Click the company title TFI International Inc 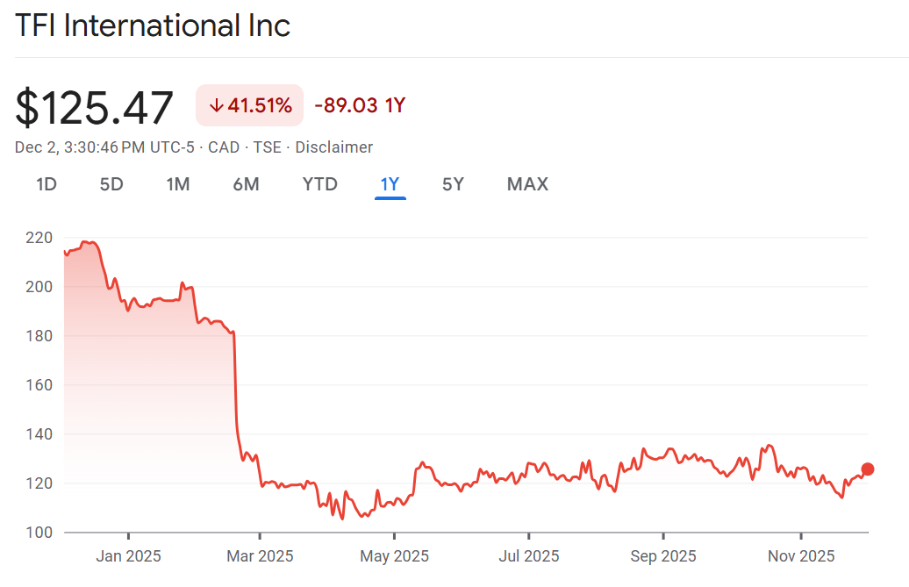tap(153, 25)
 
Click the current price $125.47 tap(95, 108)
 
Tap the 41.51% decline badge tap(250, 106)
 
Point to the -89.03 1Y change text tap(360, 106)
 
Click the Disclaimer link tap(333, 147)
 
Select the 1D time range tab tap(47, 184)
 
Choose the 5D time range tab tap(111, 184)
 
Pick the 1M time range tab tap(178, 184)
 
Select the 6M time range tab tap(246, 184)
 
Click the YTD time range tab tap(319, 184)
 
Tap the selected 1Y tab tap(390, 184)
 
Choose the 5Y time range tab tap(453, 184)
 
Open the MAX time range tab tap(527, 184)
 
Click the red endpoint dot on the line tap(868, 469)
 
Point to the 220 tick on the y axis tap(39, 238)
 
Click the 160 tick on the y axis tap(39, 385)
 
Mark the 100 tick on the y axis tap(39, 533)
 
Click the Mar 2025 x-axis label tap(260, 556)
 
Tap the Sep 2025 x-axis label tap(663, 556)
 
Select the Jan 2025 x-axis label tap(128, 556)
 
